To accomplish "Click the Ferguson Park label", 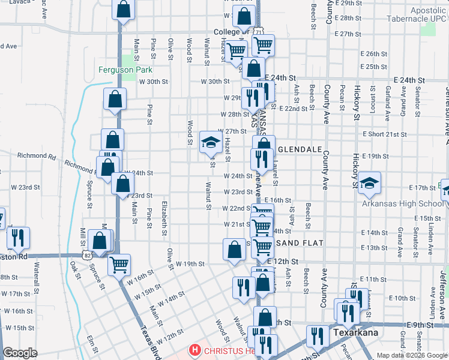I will point(125,70).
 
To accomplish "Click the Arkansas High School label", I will point(402,204).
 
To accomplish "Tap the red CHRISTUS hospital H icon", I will point(194,350).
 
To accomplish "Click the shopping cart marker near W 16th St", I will point(119,263).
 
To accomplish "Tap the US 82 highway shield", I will point(88,256).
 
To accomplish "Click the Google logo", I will point(20,353).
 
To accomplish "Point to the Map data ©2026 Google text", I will point(411,355).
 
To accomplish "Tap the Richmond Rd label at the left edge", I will point(36,156).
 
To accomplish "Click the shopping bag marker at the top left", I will point(124,10).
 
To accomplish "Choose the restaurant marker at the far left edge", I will point(17,238).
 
